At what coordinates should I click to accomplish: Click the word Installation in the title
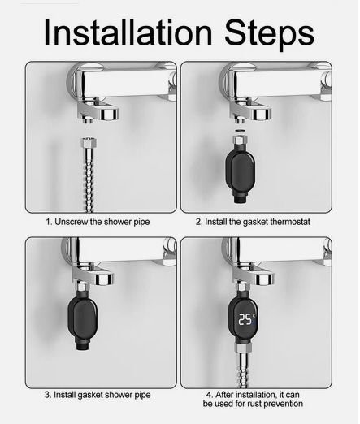(128, 32)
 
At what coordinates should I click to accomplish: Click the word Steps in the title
(269, 35)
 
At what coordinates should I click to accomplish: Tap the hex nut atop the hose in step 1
(88, 142)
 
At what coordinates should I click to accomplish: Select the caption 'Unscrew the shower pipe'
(102, 222)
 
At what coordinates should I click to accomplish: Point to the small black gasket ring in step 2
(240, 131)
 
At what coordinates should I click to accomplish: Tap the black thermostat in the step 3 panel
(82, 318)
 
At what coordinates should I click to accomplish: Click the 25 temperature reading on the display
(245, 319)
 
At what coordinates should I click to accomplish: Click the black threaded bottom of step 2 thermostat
(240, 200)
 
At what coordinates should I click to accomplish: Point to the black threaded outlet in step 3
(82, 345)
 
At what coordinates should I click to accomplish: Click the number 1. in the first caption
(49, 222)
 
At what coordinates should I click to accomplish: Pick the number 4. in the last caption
(210, 395)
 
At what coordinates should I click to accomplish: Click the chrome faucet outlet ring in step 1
(108, 114)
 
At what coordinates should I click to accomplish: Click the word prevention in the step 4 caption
(283, 404)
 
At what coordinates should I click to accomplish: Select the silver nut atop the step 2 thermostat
(240, 141)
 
